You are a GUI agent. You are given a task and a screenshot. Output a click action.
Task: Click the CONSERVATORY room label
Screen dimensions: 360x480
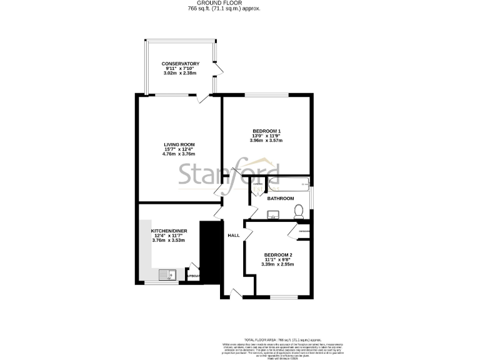180,64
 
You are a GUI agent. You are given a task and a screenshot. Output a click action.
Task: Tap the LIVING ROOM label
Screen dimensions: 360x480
179,144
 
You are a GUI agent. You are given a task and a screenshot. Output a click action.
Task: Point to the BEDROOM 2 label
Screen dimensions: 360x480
278,255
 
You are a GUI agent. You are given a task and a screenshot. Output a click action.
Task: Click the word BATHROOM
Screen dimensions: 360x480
281,199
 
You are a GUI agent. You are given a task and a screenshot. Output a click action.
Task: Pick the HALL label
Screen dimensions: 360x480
233,235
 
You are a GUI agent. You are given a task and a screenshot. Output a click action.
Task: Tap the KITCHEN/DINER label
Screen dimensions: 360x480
169,231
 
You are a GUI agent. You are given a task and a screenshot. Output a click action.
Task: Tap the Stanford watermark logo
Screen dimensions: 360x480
229,176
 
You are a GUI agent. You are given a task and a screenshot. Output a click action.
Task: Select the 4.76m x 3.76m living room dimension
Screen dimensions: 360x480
179,154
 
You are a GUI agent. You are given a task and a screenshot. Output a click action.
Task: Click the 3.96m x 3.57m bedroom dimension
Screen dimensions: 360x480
266,141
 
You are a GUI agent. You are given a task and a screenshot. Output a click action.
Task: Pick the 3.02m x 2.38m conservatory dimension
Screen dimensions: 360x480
180,73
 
